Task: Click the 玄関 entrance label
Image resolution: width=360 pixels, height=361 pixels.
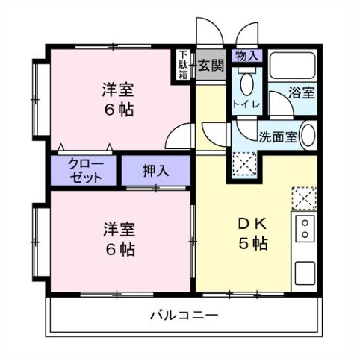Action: (x=211, y=66)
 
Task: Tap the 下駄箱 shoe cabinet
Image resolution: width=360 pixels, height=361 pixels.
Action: (x=184, y=65)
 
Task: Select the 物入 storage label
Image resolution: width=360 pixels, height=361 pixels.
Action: (x=246, y=56)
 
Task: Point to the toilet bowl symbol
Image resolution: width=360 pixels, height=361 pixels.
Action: (x=247, y=83)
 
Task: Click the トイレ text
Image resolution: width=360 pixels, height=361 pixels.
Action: (x=246, y=104)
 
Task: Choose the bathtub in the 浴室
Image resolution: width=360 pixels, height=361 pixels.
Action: (x=293, y=65)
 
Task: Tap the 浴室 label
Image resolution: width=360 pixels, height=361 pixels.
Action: (x=302, y=92)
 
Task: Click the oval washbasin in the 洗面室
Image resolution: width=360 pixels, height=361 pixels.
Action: (x=308, y=135)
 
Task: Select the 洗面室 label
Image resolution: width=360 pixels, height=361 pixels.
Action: (x=278, y=136)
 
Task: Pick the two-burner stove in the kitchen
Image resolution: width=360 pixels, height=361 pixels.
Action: (x=305, y=228)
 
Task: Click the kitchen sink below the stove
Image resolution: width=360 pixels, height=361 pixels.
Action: (x=305, y=273)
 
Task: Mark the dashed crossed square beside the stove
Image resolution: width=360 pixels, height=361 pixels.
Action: (x=304, y=198)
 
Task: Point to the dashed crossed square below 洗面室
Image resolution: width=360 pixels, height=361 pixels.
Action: (x=244, y=164)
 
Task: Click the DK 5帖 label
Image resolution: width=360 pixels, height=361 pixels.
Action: (x=253, y=233)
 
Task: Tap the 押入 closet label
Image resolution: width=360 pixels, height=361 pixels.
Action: (x=156, y=171)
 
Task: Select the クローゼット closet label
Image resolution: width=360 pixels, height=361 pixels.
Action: (x=86, y=170)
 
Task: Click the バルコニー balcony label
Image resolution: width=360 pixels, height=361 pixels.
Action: (x=184, y=316)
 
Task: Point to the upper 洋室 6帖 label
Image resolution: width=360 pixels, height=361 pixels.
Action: (x=119, y=99)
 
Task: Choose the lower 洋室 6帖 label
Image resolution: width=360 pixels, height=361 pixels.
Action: (x=120, y=239)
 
